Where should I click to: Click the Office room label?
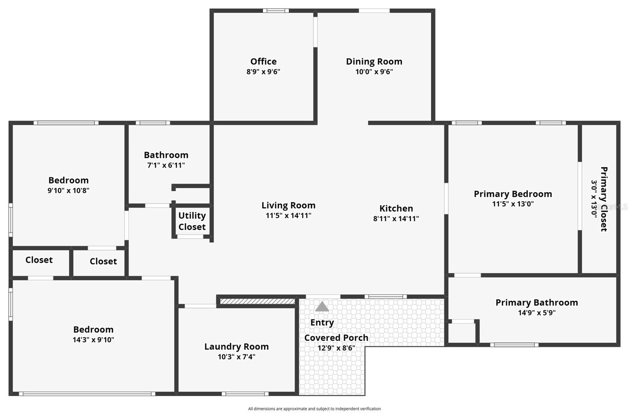pos(263,61)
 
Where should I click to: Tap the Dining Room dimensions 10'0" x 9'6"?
pos(374,72)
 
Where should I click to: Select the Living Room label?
pos(288,205)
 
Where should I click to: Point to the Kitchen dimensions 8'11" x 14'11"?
pos(396,219)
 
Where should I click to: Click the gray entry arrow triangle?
pos(322,307)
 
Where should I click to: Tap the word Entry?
pos(322,322)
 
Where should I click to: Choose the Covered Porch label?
pos(336,338)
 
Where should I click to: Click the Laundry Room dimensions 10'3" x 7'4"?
pos(236,357)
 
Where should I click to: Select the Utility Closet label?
pos(192,221)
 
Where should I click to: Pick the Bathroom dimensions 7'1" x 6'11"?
pos(166,165)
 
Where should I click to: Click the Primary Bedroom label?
pos(513,194)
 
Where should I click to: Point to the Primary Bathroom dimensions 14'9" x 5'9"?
pos(537,313)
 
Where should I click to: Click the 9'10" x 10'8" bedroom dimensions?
pos(68,191)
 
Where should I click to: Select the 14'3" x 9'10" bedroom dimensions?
pos(93,340)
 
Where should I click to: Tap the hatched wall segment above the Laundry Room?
pos(257,302)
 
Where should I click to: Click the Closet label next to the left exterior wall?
pos(39,260)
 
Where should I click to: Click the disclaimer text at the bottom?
pos(314,409)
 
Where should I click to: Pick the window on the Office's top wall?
pos(276,11)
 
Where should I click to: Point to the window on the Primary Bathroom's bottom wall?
pos(514,345)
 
